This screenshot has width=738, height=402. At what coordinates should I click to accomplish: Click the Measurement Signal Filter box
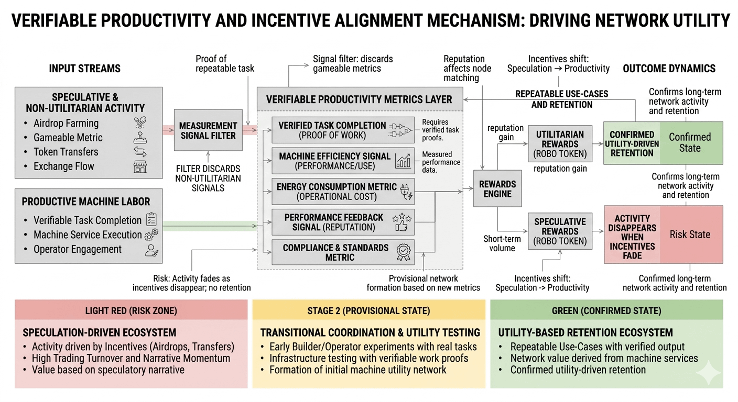point(208,130)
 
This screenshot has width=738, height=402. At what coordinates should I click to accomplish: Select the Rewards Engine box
point(497,189)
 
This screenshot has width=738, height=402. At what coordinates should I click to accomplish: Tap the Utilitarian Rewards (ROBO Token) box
point(560,144)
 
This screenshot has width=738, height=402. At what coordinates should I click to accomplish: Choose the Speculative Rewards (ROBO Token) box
point(560,231)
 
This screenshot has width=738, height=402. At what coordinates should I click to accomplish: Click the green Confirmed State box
point(690,143)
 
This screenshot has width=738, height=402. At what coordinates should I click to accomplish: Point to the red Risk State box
point(690,234)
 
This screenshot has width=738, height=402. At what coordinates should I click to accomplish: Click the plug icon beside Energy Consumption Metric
point(406,191)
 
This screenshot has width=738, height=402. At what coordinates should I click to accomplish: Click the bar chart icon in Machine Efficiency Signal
point(403,161)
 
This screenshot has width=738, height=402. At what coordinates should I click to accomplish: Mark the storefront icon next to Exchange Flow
point(140,167)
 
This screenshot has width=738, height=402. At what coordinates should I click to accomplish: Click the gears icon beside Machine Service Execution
point(151,234)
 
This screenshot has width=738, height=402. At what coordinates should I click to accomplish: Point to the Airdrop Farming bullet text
point(66,124)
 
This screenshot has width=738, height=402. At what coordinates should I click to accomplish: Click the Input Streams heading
point(84,69)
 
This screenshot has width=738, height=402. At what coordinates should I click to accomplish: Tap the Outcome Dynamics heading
point(669,69)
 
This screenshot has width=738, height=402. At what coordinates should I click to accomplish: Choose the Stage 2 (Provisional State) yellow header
point(368,310)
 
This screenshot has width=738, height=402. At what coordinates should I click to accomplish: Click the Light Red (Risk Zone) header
point(131,310)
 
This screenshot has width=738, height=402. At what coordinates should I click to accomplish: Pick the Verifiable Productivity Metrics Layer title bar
point(359,99)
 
